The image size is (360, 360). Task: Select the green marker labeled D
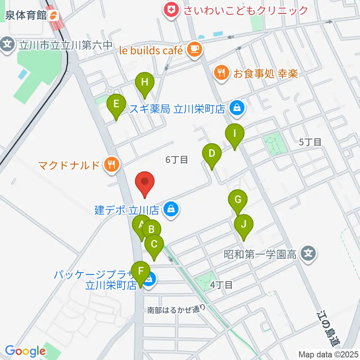tap(212, 154)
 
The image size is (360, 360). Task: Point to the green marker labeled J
tap(244, 225)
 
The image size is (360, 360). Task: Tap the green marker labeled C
tap(154, 245)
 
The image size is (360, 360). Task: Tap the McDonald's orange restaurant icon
tap(111, 164)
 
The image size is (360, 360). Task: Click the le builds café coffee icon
tap(194, 49)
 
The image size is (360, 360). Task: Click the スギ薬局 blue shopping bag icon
tap(237, 109)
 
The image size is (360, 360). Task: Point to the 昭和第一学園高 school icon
tap(308, 255)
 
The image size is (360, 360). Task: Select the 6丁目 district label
tap(176, 160)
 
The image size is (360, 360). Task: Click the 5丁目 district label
tap(310, 142)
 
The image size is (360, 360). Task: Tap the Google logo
tap(25, 351)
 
